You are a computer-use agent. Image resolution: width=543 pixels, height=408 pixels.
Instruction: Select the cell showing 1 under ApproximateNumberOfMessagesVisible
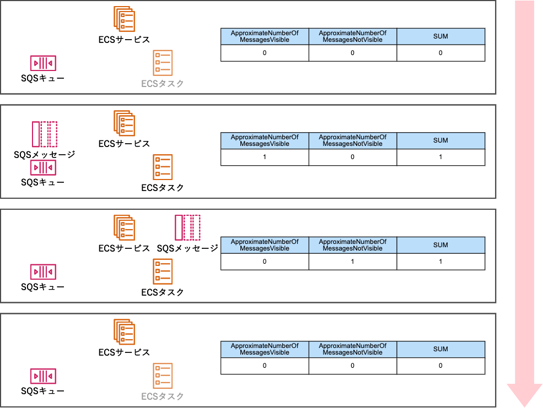pos(265,157)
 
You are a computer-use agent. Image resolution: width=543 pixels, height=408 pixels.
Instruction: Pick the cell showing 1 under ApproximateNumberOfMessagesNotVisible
pos(352,262)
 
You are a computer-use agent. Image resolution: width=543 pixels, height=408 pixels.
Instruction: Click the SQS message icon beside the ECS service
pos(187,227)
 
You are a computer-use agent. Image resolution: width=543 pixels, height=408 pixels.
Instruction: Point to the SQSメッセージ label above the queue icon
pos(44,155)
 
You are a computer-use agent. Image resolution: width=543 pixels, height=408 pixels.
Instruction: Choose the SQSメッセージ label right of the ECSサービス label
pos(187,248)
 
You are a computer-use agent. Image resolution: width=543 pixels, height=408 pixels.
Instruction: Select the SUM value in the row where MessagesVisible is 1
pos(440,157)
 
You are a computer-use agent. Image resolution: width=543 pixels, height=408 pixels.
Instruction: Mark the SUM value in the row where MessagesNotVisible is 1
pos(440,262)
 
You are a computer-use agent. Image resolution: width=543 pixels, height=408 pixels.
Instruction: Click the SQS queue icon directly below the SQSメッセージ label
pos(44,168)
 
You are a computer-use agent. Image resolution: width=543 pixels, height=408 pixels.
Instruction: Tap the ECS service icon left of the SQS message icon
pos(124,227)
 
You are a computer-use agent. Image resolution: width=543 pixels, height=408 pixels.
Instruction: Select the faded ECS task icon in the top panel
pos(163,63)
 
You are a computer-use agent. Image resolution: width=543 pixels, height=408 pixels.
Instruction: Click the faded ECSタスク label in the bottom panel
pos(163,396)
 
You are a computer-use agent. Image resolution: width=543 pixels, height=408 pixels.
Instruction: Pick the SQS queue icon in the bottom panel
pos(44,377)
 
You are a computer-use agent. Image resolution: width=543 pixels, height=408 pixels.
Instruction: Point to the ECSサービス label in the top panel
pos(124,40)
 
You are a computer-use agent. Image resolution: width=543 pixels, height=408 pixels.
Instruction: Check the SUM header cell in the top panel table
pos(440,36)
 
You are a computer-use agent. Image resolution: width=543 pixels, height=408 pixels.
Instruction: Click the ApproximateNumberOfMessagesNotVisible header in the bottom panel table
pos(352,349)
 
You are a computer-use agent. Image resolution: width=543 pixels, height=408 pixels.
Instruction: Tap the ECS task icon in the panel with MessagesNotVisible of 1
pos(163,271)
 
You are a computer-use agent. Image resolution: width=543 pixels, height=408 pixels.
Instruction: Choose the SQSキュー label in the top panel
pos(43,78)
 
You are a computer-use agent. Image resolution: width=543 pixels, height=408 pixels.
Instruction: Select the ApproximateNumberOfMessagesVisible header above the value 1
pos(265,140)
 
